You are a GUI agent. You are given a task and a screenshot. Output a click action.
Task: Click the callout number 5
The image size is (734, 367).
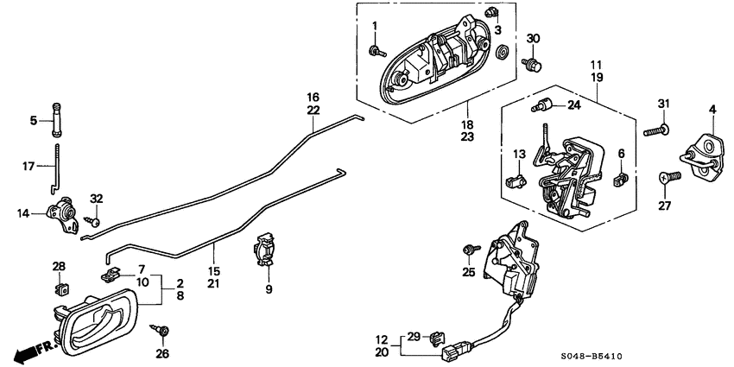tap(34, 121)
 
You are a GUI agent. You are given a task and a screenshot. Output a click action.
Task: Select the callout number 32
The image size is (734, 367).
tap(96, 199)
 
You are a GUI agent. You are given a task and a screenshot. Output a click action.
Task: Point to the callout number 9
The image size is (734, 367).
tap(269, 289)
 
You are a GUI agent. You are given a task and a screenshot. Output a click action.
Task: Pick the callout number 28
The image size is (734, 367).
tap(59, 265)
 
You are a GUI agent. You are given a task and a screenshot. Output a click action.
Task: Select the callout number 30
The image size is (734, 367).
tap(533, 39)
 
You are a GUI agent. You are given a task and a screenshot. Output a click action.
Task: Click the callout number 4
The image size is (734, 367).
tap(712, 109)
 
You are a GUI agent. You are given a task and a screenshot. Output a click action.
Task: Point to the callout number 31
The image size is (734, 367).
tap(663, 105)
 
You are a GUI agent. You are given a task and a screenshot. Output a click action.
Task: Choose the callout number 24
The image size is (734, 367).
tap(573, 106)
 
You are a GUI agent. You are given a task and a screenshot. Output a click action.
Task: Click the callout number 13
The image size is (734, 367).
tap(519, 154)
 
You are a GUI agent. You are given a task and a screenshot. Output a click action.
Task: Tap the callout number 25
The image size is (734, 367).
tap(469, 273)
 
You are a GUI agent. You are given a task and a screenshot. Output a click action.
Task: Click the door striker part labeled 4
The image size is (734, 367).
tap(701, 150)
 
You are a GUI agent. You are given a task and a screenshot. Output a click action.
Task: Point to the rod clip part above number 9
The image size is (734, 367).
tap(267, 250)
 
